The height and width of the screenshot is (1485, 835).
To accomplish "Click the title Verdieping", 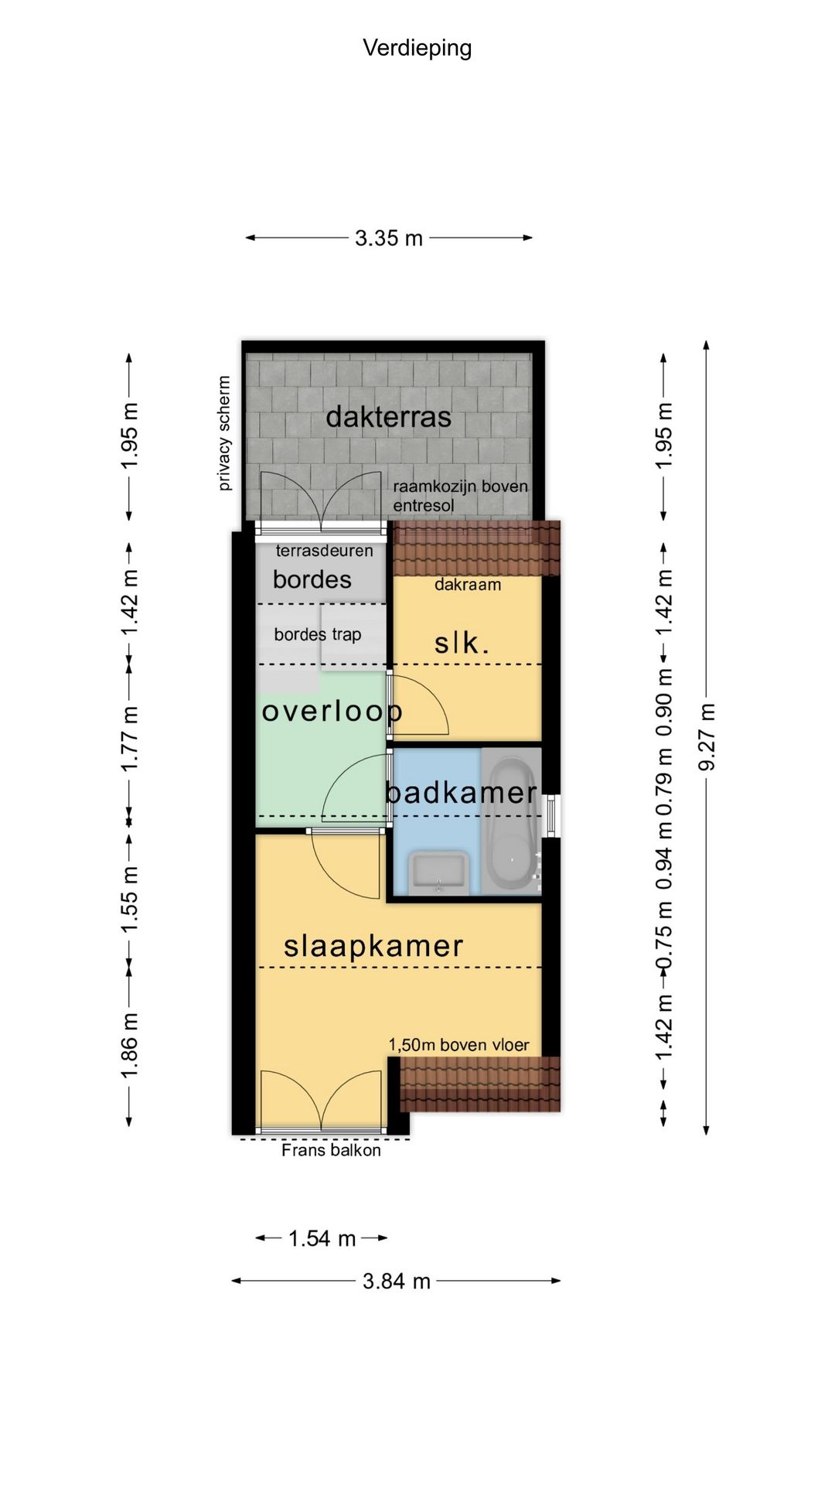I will [417, 48].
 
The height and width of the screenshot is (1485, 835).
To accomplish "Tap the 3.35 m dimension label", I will [389, 238].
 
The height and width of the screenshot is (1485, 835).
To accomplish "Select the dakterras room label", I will [388, 417].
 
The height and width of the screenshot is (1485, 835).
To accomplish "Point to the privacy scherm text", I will [224, 433].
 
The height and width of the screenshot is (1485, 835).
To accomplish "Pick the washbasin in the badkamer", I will [438, 872].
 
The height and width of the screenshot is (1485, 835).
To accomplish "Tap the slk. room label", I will [462, 643].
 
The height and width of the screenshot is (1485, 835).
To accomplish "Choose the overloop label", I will [332, 711].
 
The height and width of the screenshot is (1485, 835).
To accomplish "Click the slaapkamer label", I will [373, 946].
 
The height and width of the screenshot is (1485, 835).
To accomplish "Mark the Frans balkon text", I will [331, 1150].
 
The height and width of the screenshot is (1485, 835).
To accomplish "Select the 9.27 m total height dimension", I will [707, 737].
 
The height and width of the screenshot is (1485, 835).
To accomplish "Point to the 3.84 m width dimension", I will [397, 1282].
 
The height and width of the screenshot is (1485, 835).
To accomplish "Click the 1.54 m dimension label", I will [322, 1239].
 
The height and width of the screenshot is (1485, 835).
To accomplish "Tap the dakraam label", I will [468, 585].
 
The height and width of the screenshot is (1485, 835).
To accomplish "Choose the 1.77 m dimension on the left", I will [129, 738].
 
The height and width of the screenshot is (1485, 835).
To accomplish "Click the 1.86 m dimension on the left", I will [129, 1045].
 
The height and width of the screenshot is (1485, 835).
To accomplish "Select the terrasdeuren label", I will [324, 551].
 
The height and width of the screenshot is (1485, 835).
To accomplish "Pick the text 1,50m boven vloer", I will [458, 1045].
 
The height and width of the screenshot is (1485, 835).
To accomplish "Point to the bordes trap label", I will [318, 634].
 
